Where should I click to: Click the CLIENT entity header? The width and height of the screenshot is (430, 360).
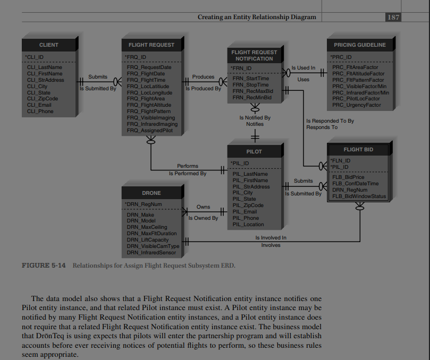click(48, 45)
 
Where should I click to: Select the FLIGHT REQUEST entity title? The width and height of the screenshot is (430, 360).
click(151, 45)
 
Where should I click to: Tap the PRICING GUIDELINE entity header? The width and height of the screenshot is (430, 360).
click(359, 45)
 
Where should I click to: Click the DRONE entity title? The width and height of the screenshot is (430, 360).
click(151, 193)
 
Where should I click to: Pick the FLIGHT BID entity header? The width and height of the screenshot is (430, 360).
click(358, 150)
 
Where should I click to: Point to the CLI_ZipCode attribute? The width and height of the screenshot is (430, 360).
click(42, 99)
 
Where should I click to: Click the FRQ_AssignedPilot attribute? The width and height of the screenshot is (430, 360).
click(149, 131)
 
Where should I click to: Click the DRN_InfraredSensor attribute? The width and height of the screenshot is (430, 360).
click(151, 253)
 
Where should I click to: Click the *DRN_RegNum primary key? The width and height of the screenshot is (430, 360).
click(143, 203)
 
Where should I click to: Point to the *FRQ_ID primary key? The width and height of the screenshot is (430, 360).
click(136, 56)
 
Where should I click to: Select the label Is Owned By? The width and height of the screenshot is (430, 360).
click(203, 218)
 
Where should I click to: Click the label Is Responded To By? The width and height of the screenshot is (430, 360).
click(330, 121)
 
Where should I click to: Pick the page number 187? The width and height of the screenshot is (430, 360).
click(393, 17)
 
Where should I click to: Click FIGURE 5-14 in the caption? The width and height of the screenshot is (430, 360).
click(43, 265)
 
